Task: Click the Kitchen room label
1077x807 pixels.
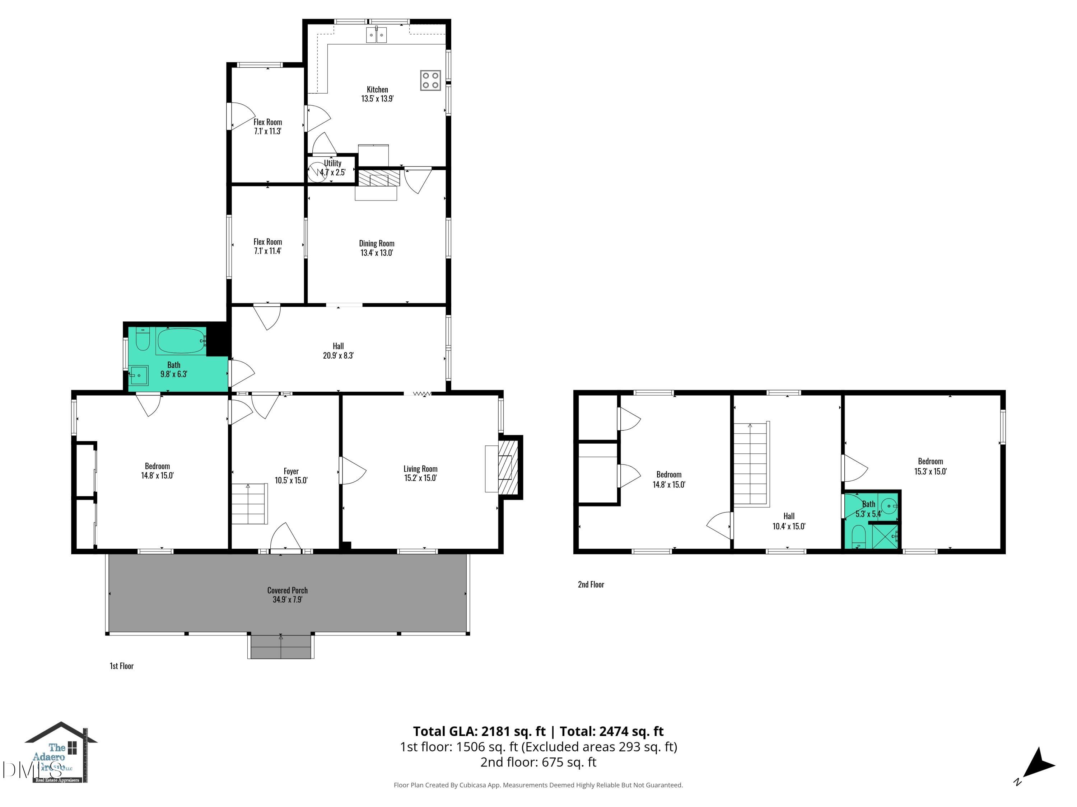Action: click(x=377, y=90)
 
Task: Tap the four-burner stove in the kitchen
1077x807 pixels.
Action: click(x=430, y=80)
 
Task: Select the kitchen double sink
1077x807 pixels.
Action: click(x=376, y=35)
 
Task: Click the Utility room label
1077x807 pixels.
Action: click(x=332, y=164)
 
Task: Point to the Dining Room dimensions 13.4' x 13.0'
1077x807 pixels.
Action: click(x=376, y=253)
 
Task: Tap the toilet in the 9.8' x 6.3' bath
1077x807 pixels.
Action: click(x=142, y=340)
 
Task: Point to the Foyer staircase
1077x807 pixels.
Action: click(x=249, y=504)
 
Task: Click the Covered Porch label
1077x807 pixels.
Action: click(x=287, y=590)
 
